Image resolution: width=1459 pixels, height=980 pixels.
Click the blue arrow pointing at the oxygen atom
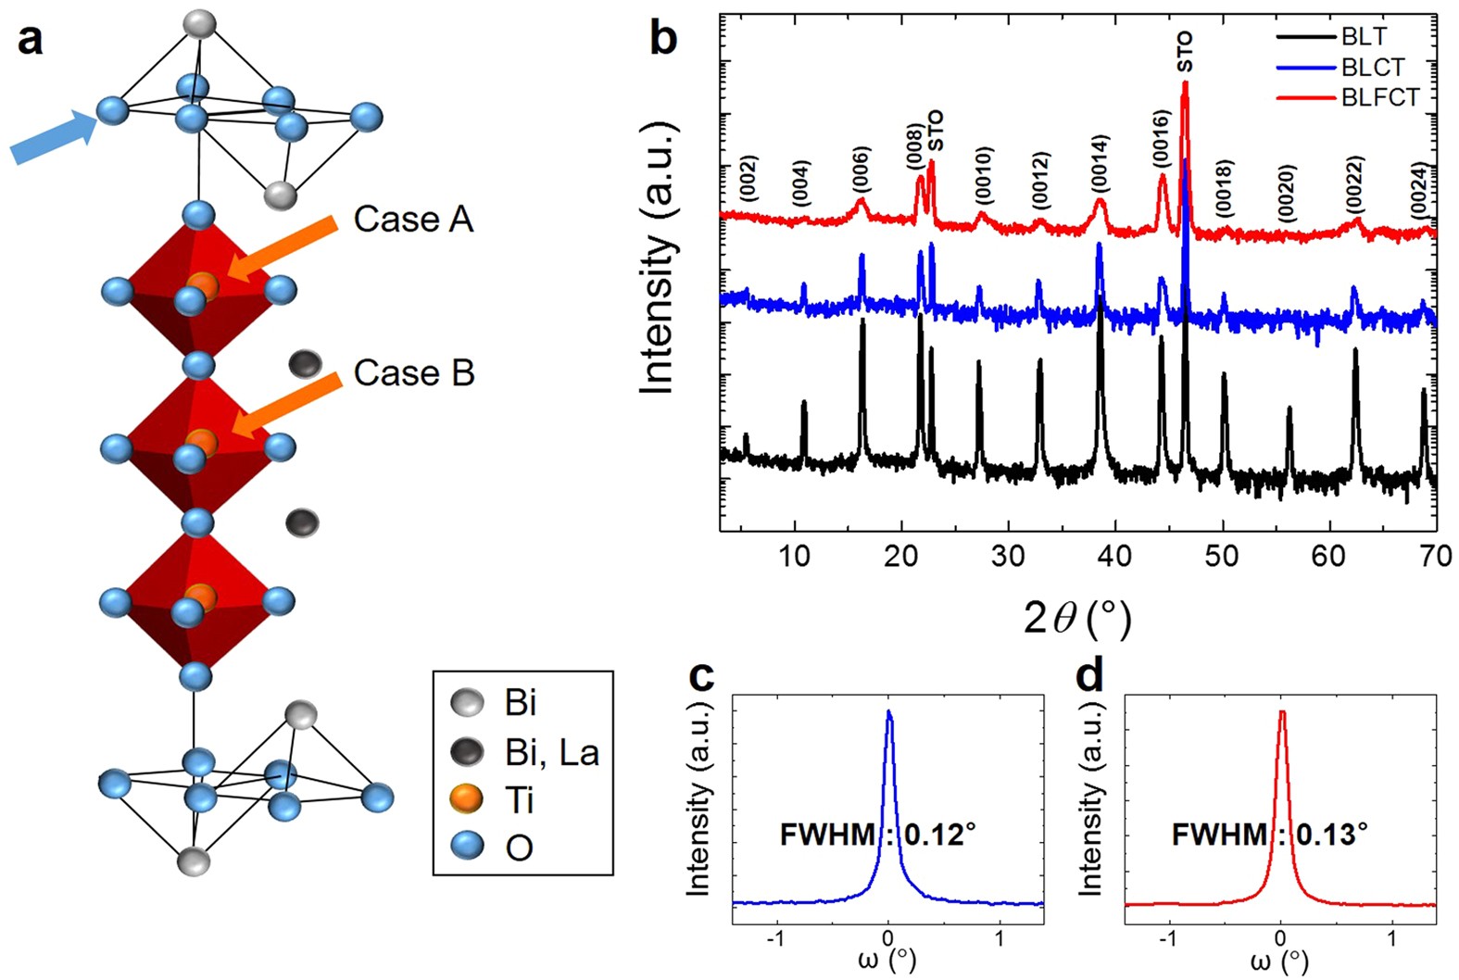pyautogui.click(x=54, y=138)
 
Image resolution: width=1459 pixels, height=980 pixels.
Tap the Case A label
pyautogui.click(x=413, y=220)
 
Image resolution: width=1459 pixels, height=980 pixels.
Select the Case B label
pyautogui.click(x=414, y=373)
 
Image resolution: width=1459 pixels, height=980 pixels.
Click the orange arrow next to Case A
pyautogui.click(x=283, y=248)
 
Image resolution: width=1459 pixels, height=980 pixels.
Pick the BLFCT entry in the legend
pyautogui.click(x=1379, y=97)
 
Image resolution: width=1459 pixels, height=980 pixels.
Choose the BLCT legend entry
pyautogui.click(x=1372, y=68)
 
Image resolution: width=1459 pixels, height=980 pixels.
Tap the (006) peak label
pyautogui.click(x=862, y=170)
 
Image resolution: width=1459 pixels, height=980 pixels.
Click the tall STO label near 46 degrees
pyautogui.click(x=1185, y=52)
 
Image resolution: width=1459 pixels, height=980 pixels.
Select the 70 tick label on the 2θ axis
pyautogui.click(x=1435, y=556)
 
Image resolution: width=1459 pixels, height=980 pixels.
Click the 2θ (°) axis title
pyautogui.click(x=1077, y=617)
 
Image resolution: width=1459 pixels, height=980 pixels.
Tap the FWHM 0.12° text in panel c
pyautogui.click(x=877, y=835)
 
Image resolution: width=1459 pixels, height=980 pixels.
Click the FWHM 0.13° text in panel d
pyautogui.click(x=1269, y=835)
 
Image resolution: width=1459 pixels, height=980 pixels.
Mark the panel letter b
pyautogui.click(x=663, y=39)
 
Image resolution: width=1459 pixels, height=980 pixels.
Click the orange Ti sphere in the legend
pyautogui.click(x=466, y=798)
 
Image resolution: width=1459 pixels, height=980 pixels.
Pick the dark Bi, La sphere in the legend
pyautogui.click(x=466, y=751)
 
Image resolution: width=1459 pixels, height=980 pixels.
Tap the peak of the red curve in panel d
pyautogui.click(x=1282, y=713)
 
